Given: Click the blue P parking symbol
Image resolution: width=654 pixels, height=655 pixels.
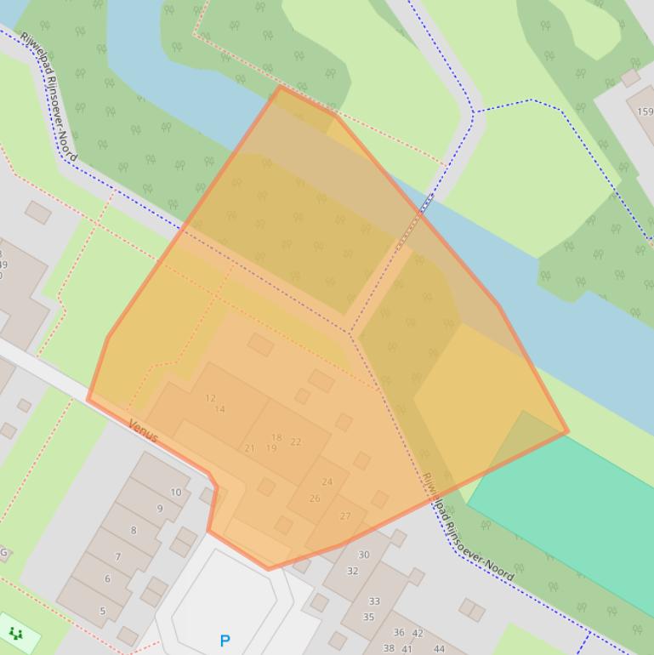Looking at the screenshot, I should (225, 641).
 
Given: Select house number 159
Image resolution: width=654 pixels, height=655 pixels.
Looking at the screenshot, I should (645, 111).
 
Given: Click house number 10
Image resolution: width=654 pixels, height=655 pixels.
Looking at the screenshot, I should (176, 492).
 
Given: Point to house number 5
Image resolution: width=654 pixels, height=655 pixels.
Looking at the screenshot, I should (103, 611).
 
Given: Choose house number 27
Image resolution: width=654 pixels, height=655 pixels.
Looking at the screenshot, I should (345, 515).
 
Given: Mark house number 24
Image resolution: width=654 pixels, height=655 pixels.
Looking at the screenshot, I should (327, 481).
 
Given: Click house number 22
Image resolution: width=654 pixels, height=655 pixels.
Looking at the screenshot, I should (296, 441).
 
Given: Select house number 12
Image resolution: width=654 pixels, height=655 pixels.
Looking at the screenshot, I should (211, 398).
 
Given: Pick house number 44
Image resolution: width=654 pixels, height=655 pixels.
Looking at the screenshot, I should (439, 648).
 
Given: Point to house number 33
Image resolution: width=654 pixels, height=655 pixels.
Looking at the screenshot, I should (374, 601).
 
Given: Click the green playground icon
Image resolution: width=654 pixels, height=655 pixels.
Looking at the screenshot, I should (16, 633).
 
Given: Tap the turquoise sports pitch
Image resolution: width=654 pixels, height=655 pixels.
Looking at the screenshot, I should (570, 502).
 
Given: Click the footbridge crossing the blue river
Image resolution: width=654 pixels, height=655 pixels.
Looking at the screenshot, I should (423, 208).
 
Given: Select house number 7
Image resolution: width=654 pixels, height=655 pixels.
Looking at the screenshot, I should (117, 557).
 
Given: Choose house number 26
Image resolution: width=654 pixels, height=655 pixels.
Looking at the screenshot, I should (315, 498).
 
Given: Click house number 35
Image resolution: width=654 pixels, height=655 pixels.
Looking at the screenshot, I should (368, 617).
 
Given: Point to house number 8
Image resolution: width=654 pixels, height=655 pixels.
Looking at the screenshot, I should (133, 530).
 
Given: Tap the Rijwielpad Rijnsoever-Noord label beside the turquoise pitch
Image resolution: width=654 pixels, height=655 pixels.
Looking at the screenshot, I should (468, 527).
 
